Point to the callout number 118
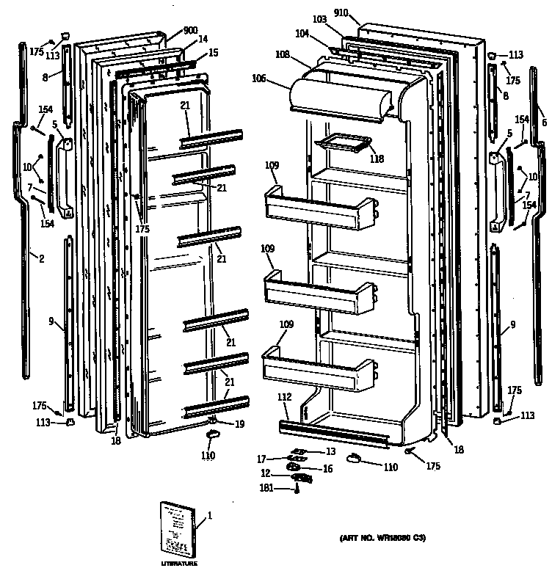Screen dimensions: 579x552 [376, 159]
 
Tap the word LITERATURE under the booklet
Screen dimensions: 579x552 [179, 564]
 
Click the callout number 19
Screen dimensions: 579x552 [239, 424]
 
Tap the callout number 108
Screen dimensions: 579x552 [283, 55]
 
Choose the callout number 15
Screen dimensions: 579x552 [213, 53]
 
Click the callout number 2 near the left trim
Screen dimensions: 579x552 [41, 258]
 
